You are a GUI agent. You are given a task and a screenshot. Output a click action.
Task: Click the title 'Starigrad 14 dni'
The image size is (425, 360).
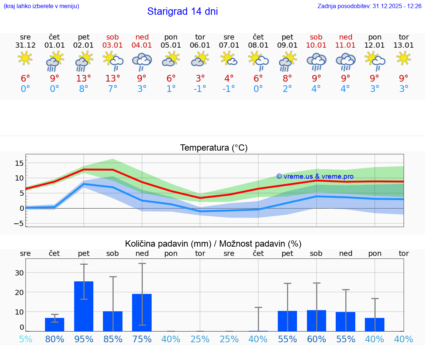pyautogui.click(x=182, y=11)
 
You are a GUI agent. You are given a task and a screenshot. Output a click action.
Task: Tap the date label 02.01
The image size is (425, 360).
pyautogui.click(x=84, y=45)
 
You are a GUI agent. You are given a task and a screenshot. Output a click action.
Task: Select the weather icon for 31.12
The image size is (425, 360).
pyautogui.click(x=25, y=58)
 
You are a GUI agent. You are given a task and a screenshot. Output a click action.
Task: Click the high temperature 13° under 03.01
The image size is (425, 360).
pyautogui.click(x=113, y=79)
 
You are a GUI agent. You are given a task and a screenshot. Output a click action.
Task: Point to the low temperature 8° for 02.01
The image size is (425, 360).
pyautogui.click(x=84, y=89)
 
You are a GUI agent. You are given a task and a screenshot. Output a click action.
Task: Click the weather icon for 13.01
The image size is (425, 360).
pyautogui.click(x=404, y=58)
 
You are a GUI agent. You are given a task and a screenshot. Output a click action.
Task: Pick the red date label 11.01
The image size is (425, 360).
pyautogui.click(x=345, y=45)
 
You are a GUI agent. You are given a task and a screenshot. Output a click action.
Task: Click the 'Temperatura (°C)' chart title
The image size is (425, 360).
pyautogui.click(x=214, y=148)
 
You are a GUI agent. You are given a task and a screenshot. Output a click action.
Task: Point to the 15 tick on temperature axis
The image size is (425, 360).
pyautogui.click(x=19, y=163)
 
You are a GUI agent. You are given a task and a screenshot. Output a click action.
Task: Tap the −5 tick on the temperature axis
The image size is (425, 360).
pyautogui.click(x=19, y=223)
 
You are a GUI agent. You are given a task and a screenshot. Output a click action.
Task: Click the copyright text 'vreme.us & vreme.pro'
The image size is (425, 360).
pyautogui.click(x=315, y=176)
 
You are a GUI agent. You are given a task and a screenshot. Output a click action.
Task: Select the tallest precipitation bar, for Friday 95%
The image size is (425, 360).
pyautogui.click(x=84, y=306)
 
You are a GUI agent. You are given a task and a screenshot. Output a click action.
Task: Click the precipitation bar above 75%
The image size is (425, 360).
pyautogui.click(x=142, y=312)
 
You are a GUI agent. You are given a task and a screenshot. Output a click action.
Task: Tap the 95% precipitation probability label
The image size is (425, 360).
pyautogui.click(x=84, y=339)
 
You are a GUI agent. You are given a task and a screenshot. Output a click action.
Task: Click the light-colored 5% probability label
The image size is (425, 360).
pyautogui.click(x=25, y=339)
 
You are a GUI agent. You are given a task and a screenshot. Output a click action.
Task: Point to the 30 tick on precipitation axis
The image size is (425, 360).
pyautogui.click(x=19, y=273)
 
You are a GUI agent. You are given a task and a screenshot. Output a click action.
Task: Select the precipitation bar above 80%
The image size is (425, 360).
pyautogui.click(x=55, y=324)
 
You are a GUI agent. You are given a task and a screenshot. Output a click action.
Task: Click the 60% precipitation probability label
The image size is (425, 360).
pyautogui.click(x=316, y=339)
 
